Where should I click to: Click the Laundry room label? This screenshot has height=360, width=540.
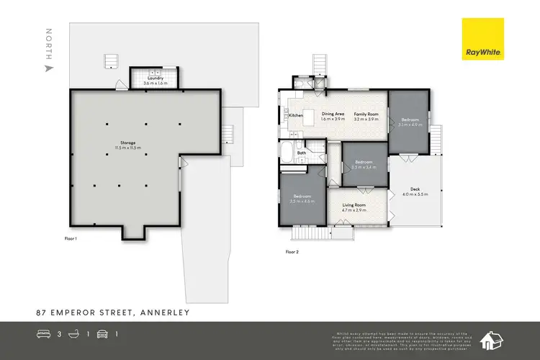coord(154,78)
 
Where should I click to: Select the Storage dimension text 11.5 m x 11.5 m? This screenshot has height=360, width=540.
coord(129,148)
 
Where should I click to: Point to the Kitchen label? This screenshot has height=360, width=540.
coord(296,115)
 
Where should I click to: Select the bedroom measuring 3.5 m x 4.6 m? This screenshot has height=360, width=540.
coord(302,197)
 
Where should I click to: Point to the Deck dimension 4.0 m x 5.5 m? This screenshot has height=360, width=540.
coord(415,194)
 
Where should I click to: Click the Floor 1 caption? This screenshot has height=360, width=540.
coord(70,237)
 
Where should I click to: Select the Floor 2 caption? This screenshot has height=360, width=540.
coord(292,252)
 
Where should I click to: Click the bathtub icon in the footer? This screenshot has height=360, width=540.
coord(73,334)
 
